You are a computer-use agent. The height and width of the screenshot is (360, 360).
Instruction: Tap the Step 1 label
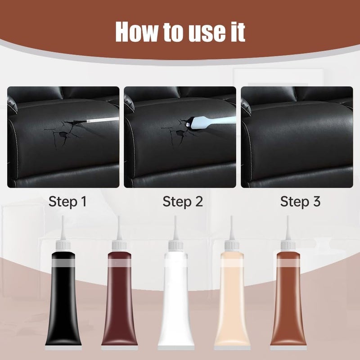coord(67,202)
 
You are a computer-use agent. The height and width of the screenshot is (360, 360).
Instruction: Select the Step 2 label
coord(183,202)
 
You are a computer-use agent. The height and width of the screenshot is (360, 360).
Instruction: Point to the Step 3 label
coord(300,202)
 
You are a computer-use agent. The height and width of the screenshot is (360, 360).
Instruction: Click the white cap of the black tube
coord(63,245)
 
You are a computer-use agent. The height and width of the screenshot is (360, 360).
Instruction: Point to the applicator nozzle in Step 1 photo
coord(101,121)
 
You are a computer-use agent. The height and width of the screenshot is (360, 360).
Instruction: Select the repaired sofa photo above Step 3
coord(297,137)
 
